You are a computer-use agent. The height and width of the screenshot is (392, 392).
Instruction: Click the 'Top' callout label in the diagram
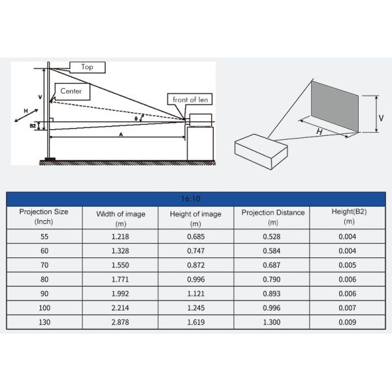tap(87, 67)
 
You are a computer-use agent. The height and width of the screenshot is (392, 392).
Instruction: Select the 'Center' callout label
tap(71, 91)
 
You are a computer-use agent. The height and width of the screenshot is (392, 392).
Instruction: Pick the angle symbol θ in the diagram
tap(137, 118)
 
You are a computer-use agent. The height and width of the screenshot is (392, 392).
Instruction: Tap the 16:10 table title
tap(196, 199)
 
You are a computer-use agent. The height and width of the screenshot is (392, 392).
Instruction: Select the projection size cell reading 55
tap(44, 235)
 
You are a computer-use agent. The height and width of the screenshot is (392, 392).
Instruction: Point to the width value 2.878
tap(121, 323)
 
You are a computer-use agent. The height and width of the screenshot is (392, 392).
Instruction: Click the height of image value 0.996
tap(197, 279)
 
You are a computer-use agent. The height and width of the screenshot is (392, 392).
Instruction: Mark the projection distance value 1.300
tap(273, 323)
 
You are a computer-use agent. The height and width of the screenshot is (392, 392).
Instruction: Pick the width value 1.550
tap(121, 265)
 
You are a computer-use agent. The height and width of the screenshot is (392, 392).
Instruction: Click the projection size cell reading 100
tap(44, 308)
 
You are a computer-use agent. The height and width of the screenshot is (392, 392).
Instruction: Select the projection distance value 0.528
tap(273, 235)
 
